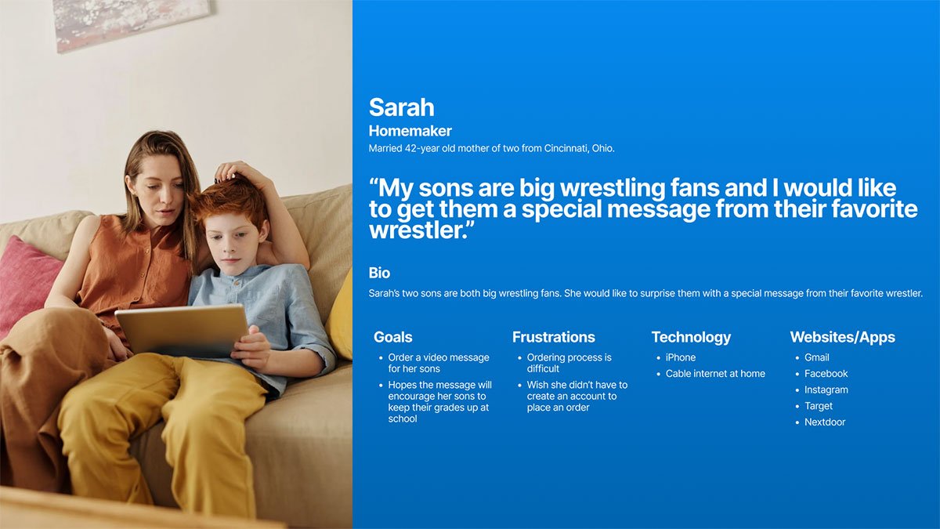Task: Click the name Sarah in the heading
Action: click(x=401, y=107)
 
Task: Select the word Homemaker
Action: click(x=410, y=131)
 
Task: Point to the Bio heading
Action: click(x=379, y=273)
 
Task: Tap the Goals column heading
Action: click(x=392, y=337)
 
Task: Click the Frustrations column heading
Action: click(x=554, y=337)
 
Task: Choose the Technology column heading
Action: click(x=691, y=337)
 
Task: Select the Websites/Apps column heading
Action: click(x=843, y=337)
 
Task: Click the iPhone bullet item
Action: click(x=680, y=357)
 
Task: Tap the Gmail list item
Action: click(x=816, y=357)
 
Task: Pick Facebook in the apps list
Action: click(x=826, y=373)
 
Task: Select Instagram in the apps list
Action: click(x=826, y=390)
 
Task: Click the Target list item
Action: click(x=819, y=406)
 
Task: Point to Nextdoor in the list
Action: click(x=825, y=422)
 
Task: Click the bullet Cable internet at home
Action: click(x=715, y=373)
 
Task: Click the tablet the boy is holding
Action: click(x=183, y=332)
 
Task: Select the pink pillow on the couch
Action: click(x=25, y=281)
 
